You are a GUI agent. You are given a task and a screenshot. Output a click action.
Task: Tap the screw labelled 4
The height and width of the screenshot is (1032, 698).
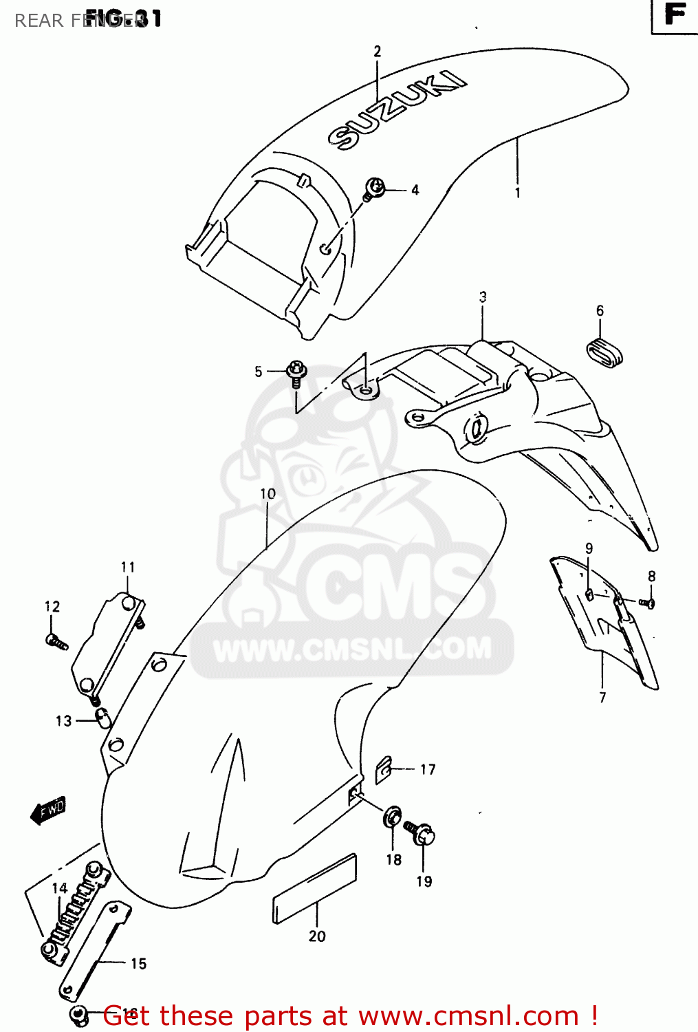[x=375, y=188]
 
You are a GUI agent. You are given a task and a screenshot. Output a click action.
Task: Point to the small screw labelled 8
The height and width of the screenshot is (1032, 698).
[x=646, y=603]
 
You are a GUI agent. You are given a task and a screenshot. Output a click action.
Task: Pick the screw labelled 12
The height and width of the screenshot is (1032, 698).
[x=55, y=642]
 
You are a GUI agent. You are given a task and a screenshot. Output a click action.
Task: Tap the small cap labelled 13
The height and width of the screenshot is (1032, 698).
[x=102, y=718]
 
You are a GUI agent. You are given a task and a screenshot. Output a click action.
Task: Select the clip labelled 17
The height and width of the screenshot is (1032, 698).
[x=384, y=770]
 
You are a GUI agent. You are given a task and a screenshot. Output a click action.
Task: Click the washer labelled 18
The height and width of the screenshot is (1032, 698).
[x=393, y=817]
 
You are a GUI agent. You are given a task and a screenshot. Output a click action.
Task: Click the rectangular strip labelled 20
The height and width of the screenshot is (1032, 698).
[x=316, y=889]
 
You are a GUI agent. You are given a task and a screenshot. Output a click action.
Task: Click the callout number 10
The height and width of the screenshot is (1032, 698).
[x=268, y=493]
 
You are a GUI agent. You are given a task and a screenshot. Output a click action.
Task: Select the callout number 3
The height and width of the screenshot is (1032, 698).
[x=483, y=297]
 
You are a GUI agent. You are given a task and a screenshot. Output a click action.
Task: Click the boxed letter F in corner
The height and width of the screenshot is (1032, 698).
[x=675, y=15]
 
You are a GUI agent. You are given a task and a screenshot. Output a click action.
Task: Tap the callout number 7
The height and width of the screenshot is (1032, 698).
[x=603, y=698]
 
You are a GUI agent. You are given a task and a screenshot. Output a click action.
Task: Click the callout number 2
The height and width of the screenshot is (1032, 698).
[x=377, y=52]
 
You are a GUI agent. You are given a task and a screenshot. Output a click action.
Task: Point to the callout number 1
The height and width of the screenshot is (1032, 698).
[x=518, y=193]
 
